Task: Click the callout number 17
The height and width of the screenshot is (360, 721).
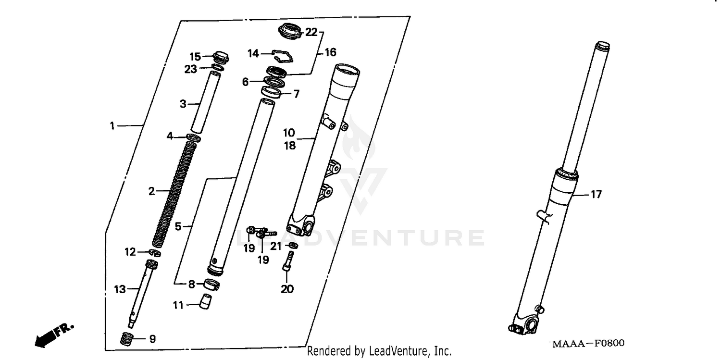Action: pyautogui.click(x=596, y=195)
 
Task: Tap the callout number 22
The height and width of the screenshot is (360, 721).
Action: pyautogui.click(x=311, y=32)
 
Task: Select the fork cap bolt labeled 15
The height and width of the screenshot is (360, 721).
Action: pyautogui.click(x=221, y=57)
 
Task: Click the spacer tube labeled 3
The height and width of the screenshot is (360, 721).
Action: pyautogui.click(x=206, y=101)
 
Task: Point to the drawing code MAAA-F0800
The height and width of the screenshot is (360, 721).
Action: pyautogui.click(x=588, y=344)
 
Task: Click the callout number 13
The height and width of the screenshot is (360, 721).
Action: pyautogui.click(x=120, y=289)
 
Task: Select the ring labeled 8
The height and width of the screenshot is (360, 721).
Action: pyautogui.click(x=212, y=285)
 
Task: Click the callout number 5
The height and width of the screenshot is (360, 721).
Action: pyautogui.click(x=178, y=226)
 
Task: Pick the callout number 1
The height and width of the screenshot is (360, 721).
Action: pyautogui.click(x=112, y=126)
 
